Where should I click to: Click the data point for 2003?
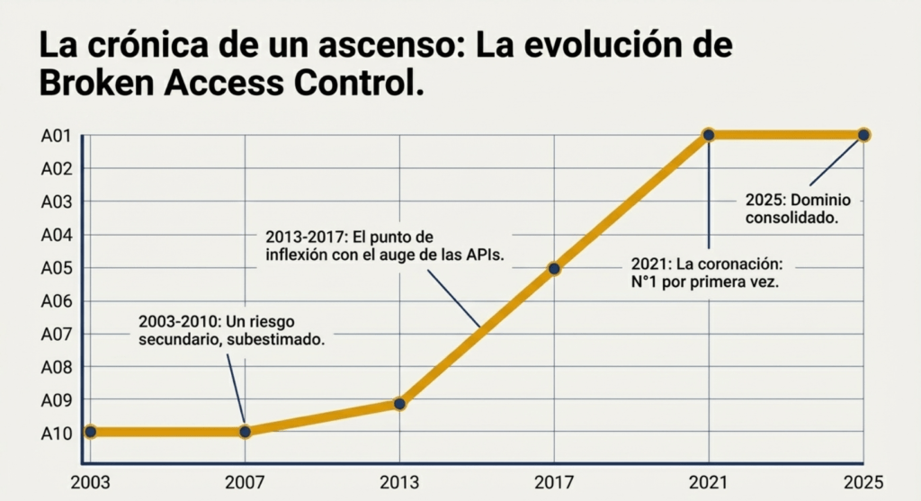(x=90, y=432)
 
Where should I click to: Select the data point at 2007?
(x=245, y=432)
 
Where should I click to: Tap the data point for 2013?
(x=399, y=404)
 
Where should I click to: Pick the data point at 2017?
(x=554, y=268)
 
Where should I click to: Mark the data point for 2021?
(x=709, y=135)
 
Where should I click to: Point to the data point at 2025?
(x=863, y=135)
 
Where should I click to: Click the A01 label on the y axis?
(x=56, y=136)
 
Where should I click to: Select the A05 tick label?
(x=56, y=268)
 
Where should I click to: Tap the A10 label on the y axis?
(x=56, y=433)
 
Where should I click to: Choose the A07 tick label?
(x=56, y=334)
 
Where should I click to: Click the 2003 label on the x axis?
(x=90, y=481)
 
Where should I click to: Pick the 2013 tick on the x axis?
(x=399, y=481)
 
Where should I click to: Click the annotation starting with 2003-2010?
(x=230, y=330)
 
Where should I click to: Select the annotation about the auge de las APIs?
(x=384, y=246)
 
